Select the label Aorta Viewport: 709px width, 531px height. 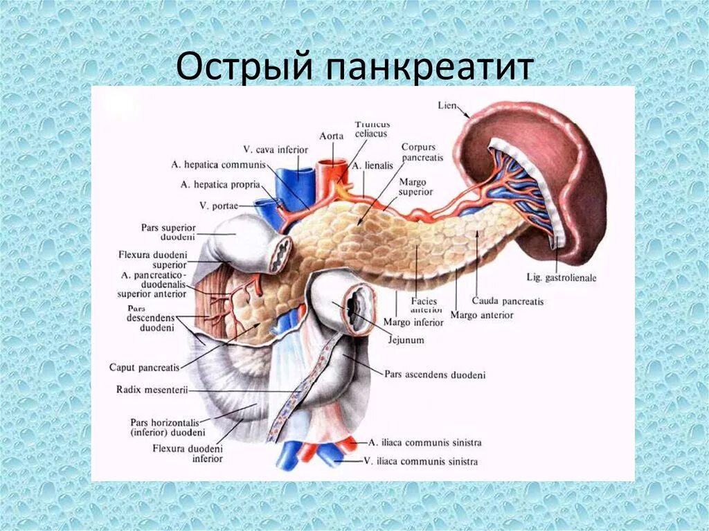(332, 136)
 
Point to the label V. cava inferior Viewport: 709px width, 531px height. (276, 150)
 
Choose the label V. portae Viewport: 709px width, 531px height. (215, 205)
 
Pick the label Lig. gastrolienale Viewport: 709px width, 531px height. (562, 278)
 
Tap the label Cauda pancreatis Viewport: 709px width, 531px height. (508, 301)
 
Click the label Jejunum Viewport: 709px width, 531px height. (406, 341)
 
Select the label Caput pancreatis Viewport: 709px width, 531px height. (144, 367)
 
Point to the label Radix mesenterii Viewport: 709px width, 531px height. (152, 390)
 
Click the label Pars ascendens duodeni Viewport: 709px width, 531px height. (435, 375)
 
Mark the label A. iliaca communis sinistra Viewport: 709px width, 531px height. (424, 442)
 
